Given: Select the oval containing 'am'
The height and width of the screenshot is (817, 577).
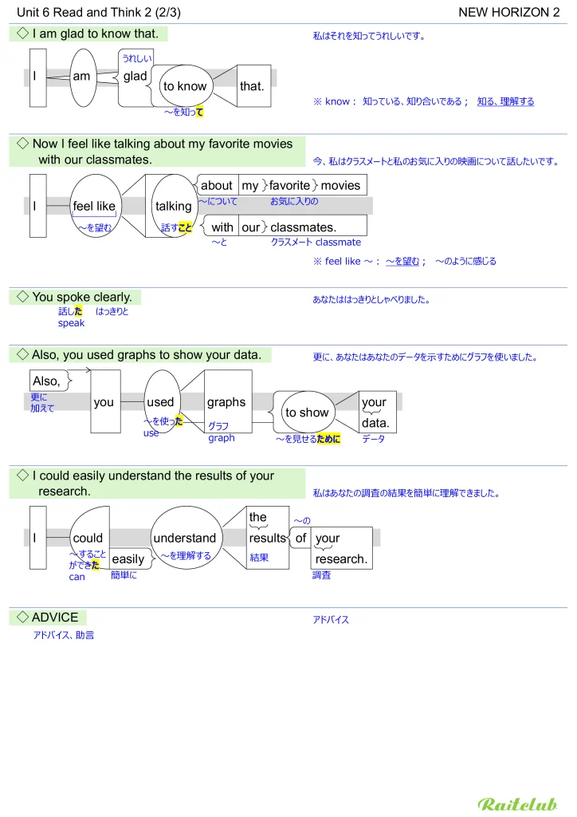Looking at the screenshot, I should click(82, 77).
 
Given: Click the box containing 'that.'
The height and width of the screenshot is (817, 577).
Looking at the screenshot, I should click(252, 85).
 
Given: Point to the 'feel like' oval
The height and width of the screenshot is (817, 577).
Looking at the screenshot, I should click(94, 206).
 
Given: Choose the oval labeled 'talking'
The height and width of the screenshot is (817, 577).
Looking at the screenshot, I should click(173, 206).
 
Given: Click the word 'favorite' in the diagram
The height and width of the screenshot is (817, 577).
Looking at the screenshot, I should click(289, 185).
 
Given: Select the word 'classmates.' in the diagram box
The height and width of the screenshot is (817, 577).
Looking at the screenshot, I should click(303, 227).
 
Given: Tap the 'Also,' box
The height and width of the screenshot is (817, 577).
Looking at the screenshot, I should click(47, 381).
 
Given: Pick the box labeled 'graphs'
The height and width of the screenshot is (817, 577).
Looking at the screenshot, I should click(226, 402).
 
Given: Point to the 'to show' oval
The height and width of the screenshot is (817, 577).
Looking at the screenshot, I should click(307, 412).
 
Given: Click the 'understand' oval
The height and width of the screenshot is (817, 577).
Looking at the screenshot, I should click(185, 539).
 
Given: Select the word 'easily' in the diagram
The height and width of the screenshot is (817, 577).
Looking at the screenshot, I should click(128, 558).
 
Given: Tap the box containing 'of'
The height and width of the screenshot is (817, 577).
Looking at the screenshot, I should click(300, 539).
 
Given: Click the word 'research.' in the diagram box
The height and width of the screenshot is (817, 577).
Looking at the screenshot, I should click(342, 558).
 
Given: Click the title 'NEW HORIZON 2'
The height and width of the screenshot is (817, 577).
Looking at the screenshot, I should click(509, 12).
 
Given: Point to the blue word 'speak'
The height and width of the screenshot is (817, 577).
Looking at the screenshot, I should click(71, 323).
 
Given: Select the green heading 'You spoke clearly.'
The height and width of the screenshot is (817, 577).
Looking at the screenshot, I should click(81, 297).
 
